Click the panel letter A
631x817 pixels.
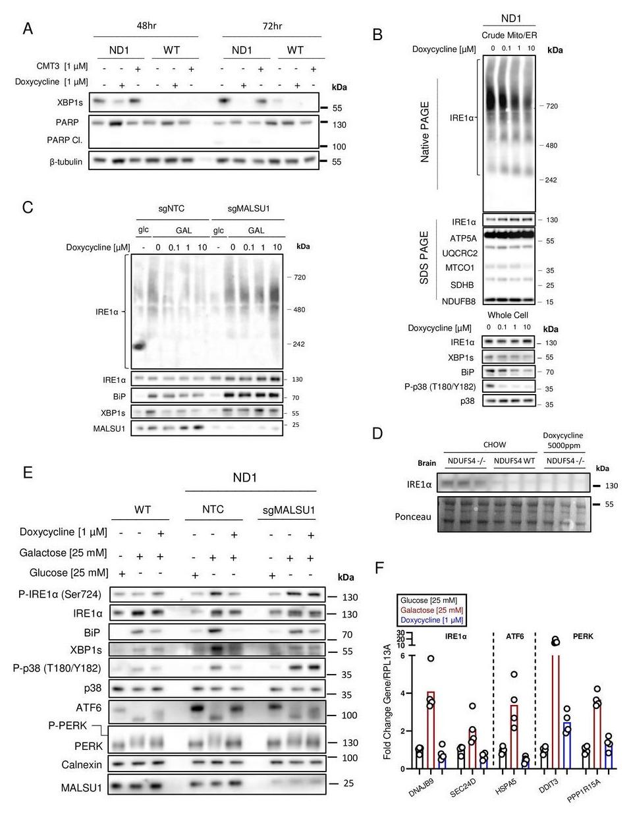click(28, 28)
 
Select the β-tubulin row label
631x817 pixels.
click(66, 161)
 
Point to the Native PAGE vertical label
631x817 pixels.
click(424, 132)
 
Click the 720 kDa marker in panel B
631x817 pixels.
click(551, 106)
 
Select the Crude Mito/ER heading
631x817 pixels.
click(508, 34)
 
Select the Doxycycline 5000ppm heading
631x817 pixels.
click(562, 439)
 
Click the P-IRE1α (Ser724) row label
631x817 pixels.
click(61, 594)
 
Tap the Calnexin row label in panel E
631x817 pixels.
click(80, 765)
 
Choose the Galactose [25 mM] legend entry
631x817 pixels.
click(430, 610)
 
